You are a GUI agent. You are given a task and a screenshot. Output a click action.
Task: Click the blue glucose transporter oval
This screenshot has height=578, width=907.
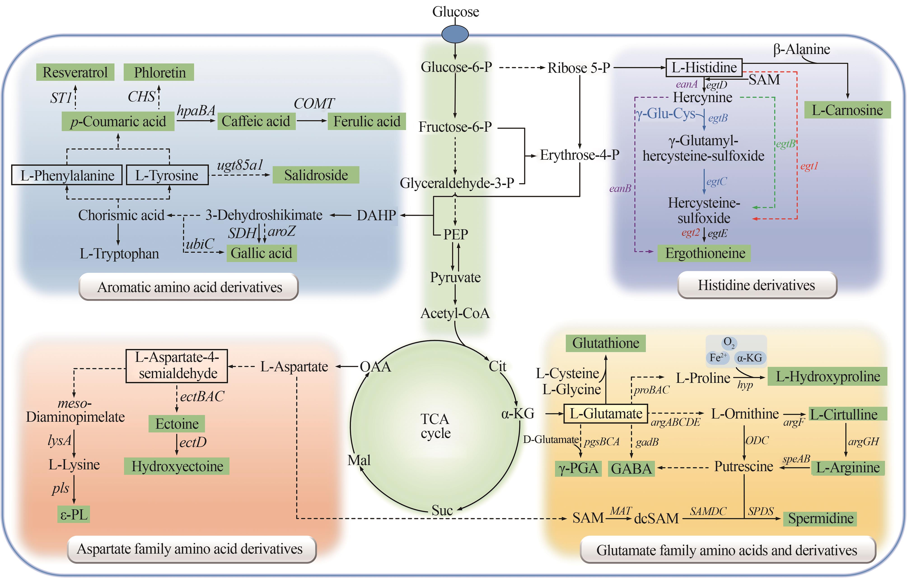click(x=455, y=34)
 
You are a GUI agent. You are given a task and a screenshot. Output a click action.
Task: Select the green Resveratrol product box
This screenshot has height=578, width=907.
click(x=75, y=72)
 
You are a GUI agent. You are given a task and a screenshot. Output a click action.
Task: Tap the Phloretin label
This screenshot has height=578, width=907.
click(x=159, y=72)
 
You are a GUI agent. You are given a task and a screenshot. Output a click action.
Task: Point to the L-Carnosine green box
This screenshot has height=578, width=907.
click(x=847, y=110)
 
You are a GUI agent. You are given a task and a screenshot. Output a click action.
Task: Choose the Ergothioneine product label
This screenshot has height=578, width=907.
click(x=704, y=253)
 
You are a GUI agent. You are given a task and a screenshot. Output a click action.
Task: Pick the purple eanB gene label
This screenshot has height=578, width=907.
click(x=620, y=188)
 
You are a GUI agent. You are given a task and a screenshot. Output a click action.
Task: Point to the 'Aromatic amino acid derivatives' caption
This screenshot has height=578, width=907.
click(x=189, y=287)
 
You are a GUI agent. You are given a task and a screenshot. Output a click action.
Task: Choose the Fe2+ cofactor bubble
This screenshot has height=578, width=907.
click(x=718, y=358)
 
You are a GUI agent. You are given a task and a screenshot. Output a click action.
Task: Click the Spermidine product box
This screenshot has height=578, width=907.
click(x=820, y=518)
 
